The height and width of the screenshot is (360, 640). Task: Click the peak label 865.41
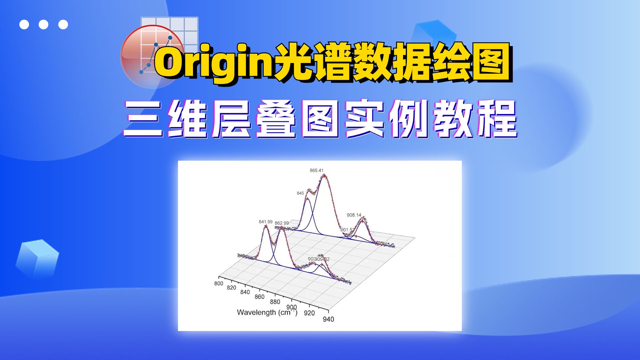(316, 170)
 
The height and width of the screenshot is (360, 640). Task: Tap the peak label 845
(300, 193)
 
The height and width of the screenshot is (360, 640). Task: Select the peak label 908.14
(354, 215)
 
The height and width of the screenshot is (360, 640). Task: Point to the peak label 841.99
(265, 222)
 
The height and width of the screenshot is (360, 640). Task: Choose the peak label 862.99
(282, 223)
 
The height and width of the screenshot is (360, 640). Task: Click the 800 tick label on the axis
(218, 283)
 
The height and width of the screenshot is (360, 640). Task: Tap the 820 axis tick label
(231, 287)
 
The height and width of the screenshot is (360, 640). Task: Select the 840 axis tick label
(245, 292)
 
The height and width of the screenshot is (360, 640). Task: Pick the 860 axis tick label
(259, 297)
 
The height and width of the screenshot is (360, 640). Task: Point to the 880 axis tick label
(275, 302)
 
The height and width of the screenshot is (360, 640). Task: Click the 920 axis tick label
(309, 313)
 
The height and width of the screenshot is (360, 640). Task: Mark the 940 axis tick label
(328, 319)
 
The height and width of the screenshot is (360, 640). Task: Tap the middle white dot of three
(43, 24)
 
